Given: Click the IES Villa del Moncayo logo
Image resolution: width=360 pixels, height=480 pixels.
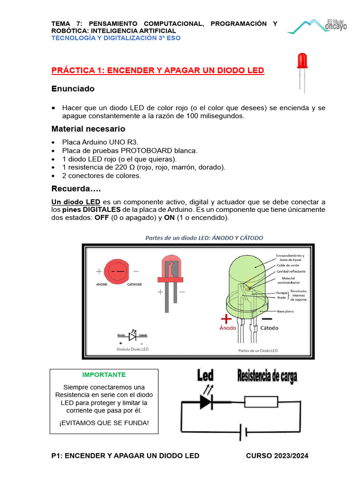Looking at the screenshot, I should (317, 26).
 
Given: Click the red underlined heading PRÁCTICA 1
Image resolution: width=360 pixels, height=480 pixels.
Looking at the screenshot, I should (157, 70).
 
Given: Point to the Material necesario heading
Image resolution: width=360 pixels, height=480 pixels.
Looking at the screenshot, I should (88, 128).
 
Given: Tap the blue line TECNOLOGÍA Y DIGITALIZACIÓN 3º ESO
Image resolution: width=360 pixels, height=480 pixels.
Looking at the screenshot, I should (115, 38).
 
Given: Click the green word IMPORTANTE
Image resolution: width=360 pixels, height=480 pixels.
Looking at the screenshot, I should (104, 375).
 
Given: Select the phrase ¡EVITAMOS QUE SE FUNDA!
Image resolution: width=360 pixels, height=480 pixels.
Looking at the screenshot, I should (104, 423).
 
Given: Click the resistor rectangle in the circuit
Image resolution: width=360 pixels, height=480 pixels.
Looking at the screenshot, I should (262, 402).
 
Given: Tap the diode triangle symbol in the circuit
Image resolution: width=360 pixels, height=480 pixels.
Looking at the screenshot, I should (205, 402).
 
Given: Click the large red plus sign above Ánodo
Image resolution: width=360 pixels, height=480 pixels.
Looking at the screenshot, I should (226, 319).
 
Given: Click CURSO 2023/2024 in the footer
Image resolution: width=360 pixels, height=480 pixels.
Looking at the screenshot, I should (277, 456).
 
